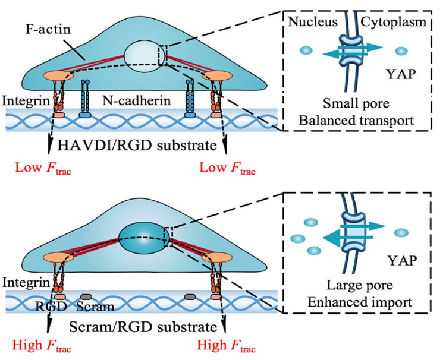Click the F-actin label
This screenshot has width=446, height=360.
48,29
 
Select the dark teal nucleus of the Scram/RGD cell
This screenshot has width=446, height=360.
144,238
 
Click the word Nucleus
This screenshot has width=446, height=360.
313,21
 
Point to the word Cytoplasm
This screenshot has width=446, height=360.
394,22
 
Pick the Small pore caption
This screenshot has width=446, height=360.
356,103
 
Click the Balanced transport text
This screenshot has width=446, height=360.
356,120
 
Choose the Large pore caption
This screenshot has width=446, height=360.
360,285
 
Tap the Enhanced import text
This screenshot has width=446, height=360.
360,302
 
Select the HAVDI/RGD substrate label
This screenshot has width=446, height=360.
137,145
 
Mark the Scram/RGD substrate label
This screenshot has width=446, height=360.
143,327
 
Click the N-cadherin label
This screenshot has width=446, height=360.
137,100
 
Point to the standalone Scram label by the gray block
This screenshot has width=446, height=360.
95,307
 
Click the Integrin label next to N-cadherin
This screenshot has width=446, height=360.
26,100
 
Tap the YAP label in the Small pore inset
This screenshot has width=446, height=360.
401,74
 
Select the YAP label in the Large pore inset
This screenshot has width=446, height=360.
402,260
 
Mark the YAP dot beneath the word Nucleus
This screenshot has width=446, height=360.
306,50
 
